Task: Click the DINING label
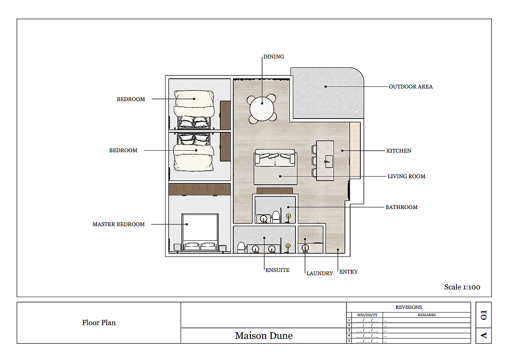(273, 56)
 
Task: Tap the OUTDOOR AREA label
(411, 87)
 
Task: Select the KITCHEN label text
(399, 151)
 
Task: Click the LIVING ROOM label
(406, 176)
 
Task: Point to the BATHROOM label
(401, 207)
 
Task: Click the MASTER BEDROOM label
(118, 224)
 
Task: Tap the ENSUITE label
(278, 270)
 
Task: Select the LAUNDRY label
(320, 273)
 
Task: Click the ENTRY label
(349, 272)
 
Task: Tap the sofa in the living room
(275, 157)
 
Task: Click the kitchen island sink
(329, 162)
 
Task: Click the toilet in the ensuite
(241, 248)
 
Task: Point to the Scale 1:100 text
(462, 287)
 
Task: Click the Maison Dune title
(263, 336)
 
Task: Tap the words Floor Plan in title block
(99, 323)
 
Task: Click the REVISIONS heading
(409, 307)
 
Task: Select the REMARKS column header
(426, 315)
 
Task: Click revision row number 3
(349, 330)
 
